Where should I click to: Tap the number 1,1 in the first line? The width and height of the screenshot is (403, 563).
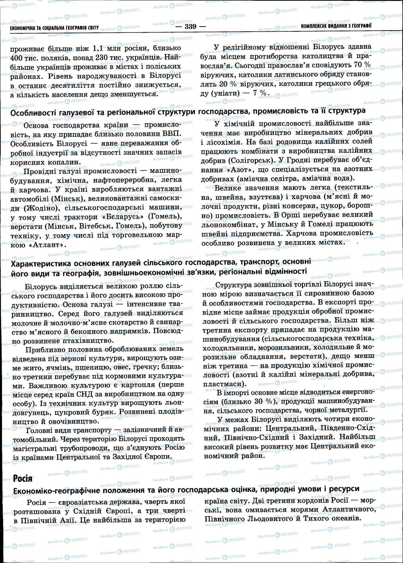[x=100, y=48]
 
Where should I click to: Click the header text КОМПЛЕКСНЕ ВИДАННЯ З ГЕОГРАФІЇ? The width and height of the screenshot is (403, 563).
[x=336, y=26]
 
